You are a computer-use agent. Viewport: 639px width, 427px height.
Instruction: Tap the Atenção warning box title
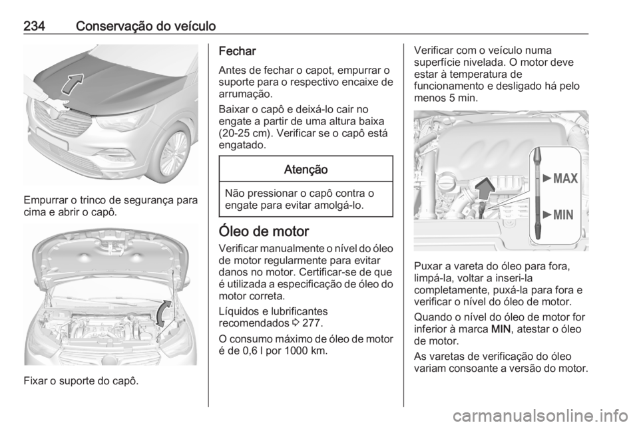coord(306,170)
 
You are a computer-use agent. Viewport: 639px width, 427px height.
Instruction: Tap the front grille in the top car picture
coord(60,124)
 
